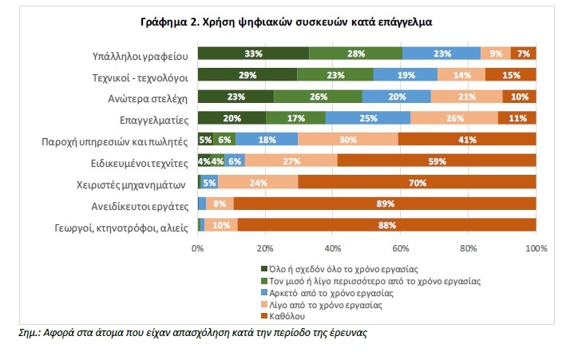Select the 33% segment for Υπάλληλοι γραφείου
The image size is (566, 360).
253,54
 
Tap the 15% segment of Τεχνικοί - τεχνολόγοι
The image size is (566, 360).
510,75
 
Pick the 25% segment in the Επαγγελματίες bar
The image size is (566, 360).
368,117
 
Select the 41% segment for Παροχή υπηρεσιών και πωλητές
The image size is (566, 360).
467,139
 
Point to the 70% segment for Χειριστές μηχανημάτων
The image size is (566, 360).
418,181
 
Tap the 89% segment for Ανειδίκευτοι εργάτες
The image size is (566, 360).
386,203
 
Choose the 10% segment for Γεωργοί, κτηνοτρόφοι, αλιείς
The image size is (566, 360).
221,224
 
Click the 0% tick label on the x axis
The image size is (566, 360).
198,248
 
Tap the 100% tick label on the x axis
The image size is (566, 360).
536,248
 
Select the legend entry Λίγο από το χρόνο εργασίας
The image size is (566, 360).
332,305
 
